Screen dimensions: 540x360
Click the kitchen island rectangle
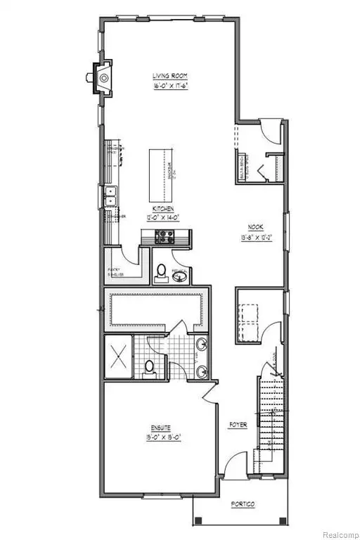click(162, 172)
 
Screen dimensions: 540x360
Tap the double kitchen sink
click(110, 197)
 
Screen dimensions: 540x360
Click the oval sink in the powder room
click(179, 277)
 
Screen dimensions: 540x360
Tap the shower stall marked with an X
click(117, 358)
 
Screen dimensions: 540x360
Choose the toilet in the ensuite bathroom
click(149, 366)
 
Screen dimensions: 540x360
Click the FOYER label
click(238, 424)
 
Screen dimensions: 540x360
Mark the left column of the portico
click(198, 521)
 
